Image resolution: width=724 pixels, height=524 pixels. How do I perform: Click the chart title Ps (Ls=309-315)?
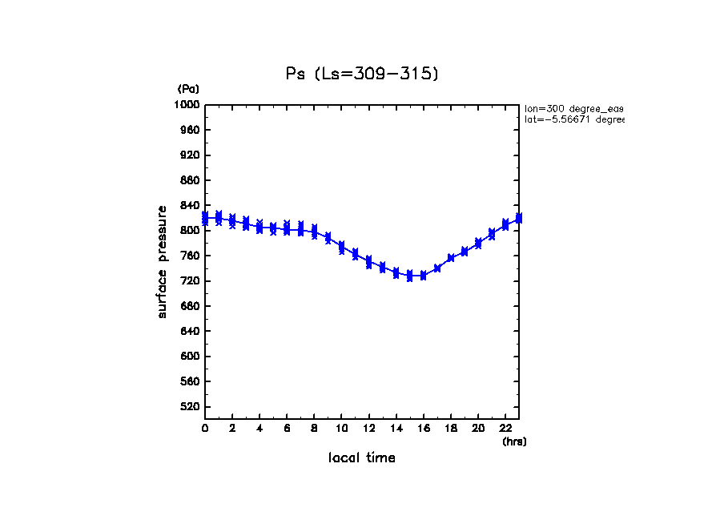[x=362, y=74]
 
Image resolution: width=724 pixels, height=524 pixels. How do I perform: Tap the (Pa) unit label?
[x=188, y=89]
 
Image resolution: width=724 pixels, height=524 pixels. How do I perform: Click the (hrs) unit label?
[x=514, y=441]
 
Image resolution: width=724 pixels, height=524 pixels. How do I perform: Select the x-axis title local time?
[x=362, y=458]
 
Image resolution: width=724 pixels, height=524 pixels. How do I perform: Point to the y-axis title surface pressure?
[x=163, y=261]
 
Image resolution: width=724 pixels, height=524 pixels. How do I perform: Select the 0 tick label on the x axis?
[x=205, y=429]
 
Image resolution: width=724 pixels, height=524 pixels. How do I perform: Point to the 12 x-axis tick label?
[x=369, y=429]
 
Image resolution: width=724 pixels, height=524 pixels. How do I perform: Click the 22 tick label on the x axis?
[x=506, y=429]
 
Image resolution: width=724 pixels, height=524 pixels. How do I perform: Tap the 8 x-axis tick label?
[x=315, y=429]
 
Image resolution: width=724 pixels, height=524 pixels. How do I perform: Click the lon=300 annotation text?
[x=573, y=108]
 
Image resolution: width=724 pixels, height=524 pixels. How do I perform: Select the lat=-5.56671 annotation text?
[x=573, y=119]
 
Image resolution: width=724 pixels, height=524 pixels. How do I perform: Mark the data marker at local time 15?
[x=410, y=276]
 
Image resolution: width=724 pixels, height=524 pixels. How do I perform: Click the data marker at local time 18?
[x=451, y=258]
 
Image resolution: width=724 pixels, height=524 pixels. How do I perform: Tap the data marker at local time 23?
[x=519, y=218]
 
